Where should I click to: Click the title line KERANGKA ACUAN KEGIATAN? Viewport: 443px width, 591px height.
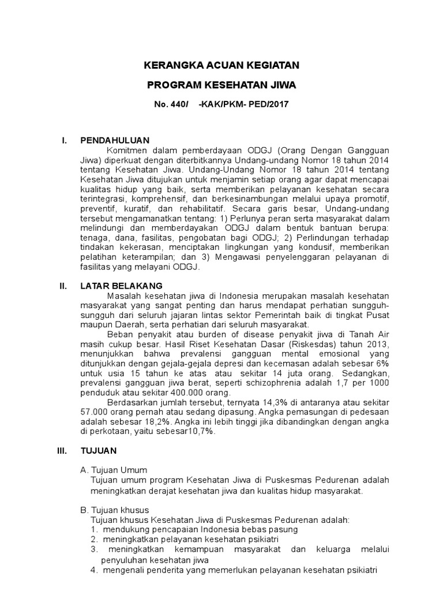[221, 66]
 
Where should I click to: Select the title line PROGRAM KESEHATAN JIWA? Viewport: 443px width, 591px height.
[221, 85]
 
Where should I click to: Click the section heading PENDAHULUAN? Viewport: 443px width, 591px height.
[115, 140]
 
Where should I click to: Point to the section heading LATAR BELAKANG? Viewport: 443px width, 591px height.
[121, 286]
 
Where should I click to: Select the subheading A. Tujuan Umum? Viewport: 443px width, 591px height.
[114, 470]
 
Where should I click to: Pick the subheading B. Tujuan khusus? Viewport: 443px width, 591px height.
[115, 510]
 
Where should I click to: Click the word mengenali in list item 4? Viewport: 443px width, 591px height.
[125, 570]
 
